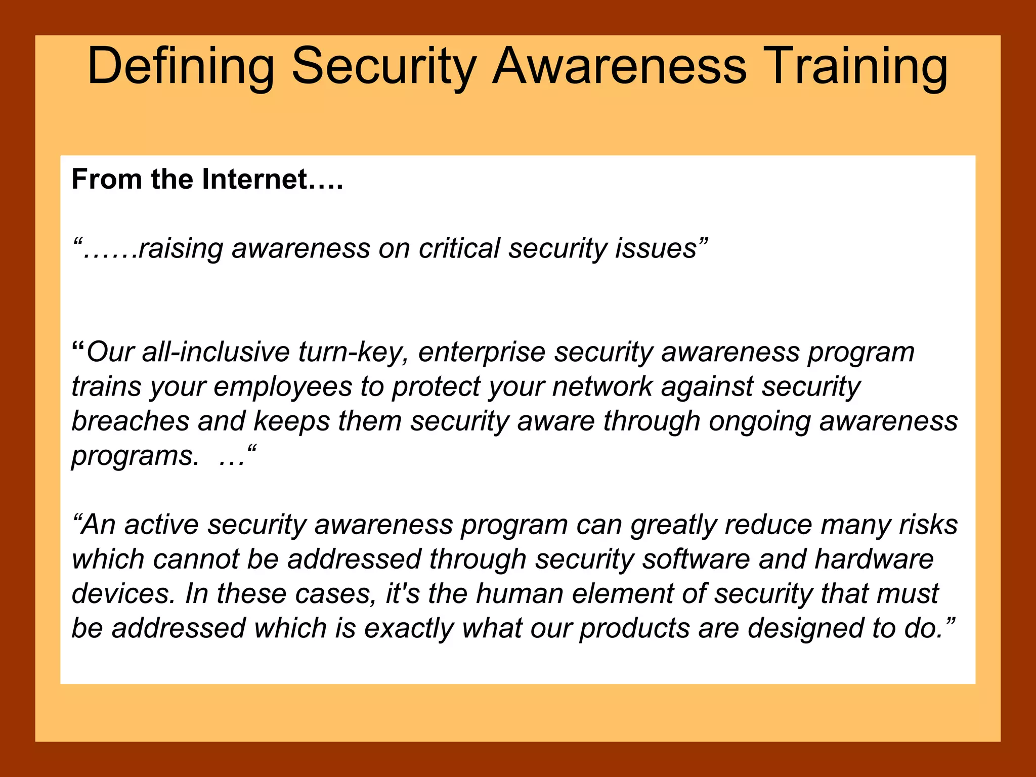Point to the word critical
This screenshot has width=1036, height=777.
[x=459, y=249]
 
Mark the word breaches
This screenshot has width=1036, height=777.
[x=130, y=421]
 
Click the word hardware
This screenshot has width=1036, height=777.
[x=874, y=559]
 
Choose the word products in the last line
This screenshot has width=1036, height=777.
[x=634, y=629]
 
